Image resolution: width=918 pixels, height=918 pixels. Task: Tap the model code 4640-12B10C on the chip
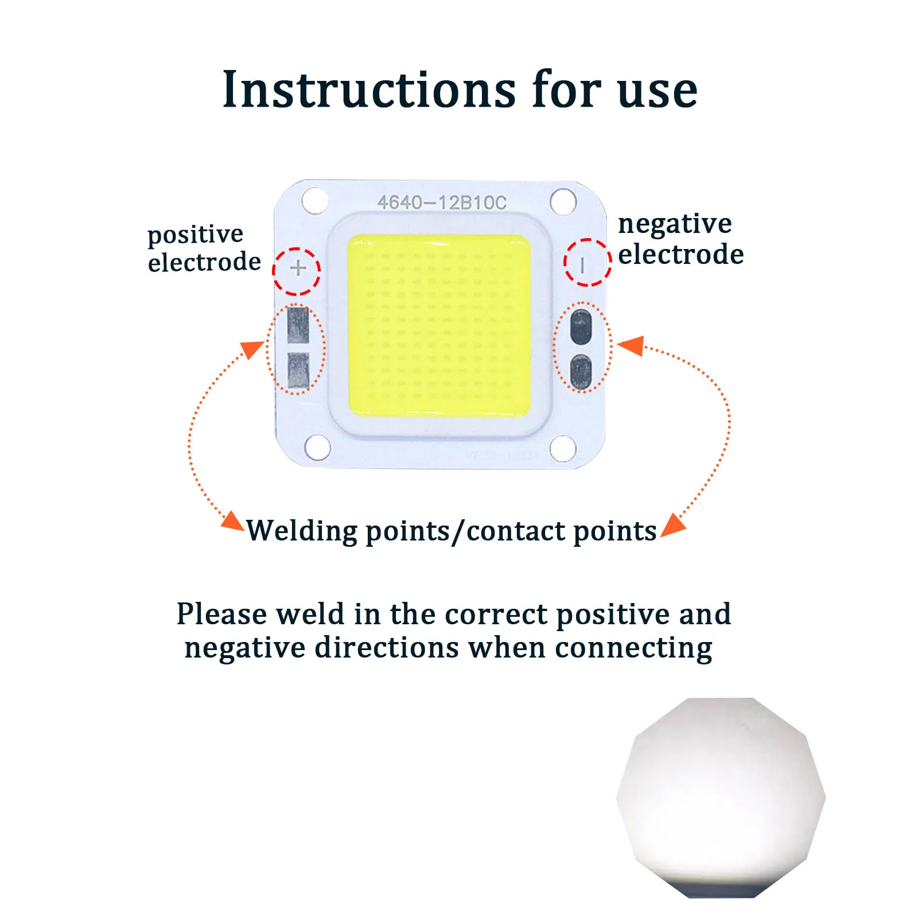(x=442, y=203)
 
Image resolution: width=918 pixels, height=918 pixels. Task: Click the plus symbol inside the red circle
(x=298, y=268)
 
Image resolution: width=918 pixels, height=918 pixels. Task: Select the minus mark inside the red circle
(x=583, y=265)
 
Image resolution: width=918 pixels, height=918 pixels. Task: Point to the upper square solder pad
(x=298, y=325)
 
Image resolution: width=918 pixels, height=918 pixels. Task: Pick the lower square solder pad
(x=298, y=370)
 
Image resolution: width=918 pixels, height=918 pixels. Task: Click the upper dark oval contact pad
(x=581, y=326)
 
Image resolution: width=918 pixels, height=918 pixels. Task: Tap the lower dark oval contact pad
(x=581, y=372)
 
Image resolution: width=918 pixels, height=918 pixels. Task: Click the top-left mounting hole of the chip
(x=315, y=201)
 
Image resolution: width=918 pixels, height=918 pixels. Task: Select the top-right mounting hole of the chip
(x=563, y=201)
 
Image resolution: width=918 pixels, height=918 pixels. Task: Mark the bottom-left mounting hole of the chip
(x=317, y=448)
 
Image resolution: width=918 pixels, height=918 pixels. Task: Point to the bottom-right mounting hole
(x=563, y=448)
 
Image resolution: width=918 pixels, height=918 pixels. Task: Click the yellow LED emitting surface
(x=439, y=325)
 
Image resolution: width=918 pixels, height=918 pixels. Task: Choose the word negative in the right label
(x=675, y=224)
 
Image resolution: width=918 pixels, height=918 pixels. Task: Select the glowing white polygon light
(x=721, y=798)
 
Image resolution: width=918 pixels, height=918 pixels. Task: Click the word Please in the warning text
(x=221, y=615)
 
